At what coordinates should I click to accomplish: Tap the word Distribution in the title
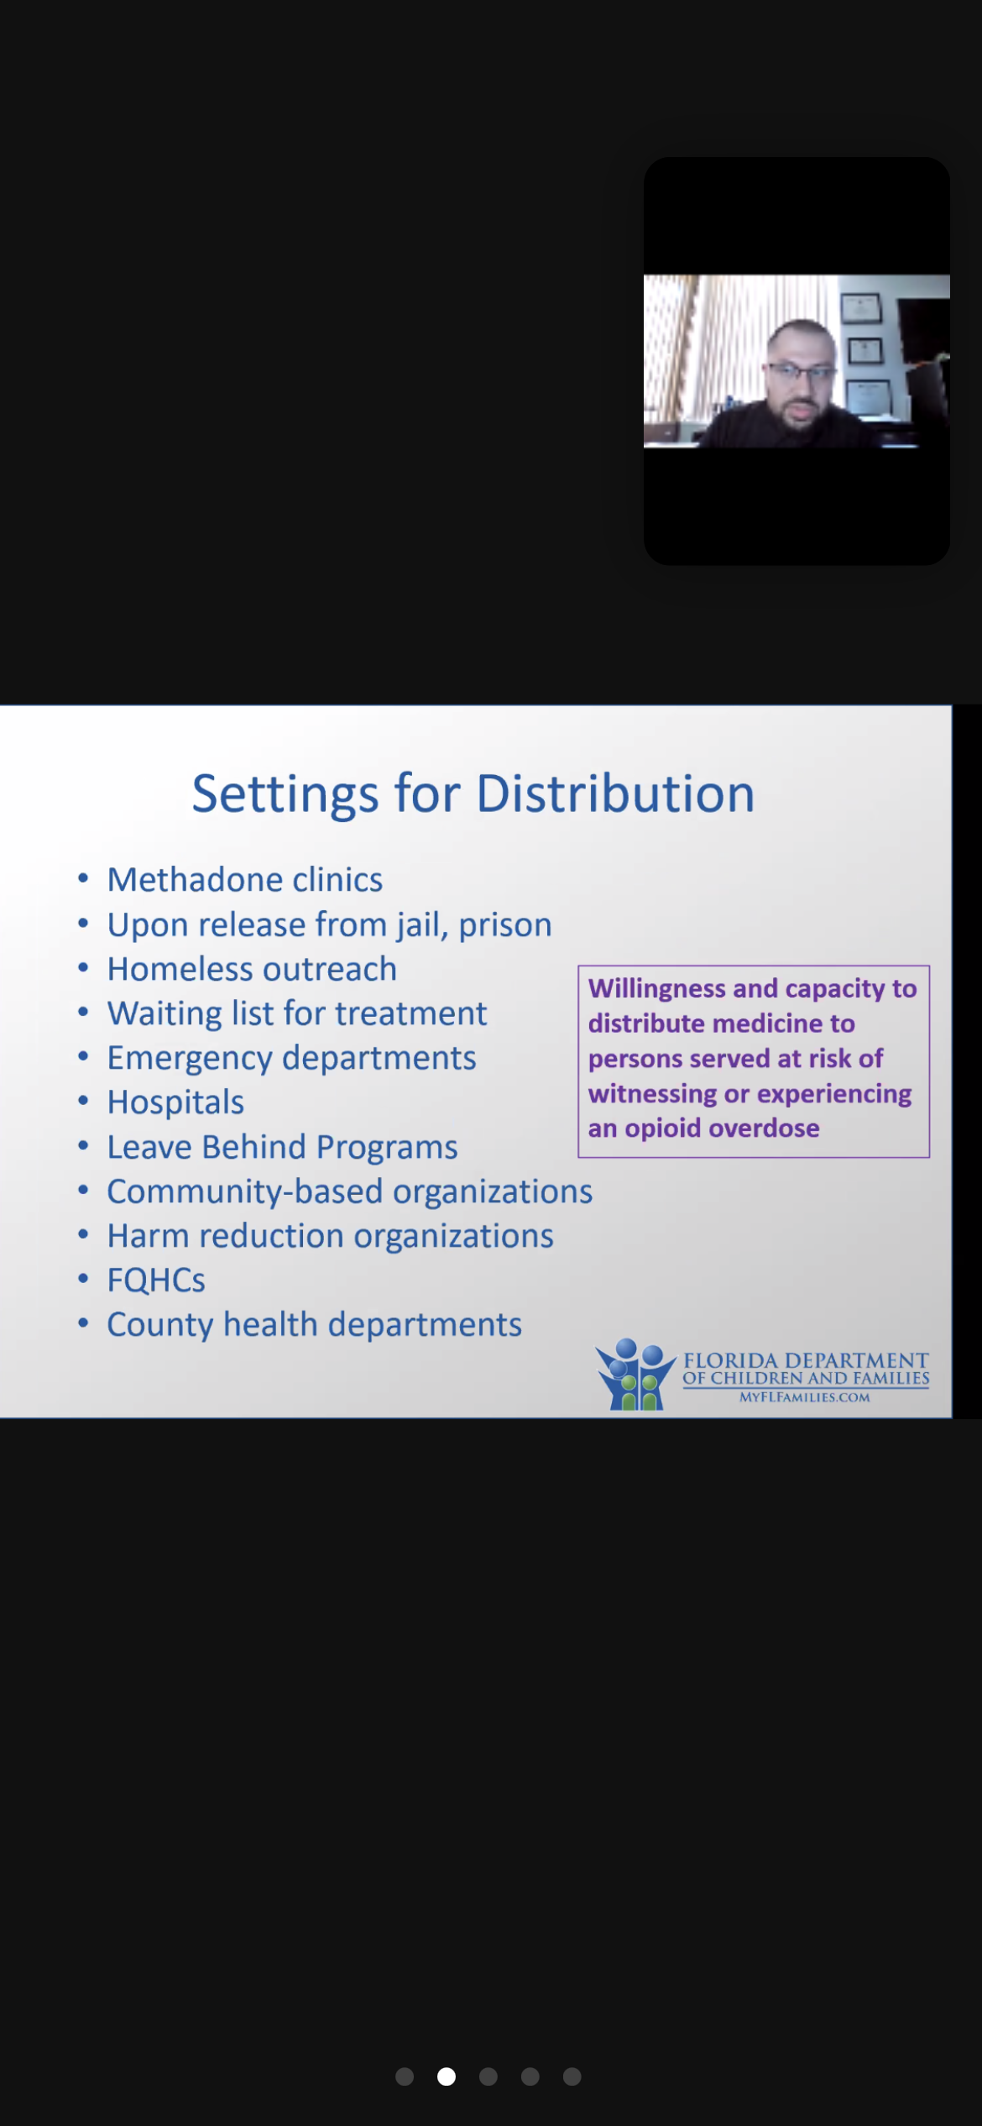615,793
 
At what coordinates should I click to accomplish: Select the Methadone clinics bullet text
245,880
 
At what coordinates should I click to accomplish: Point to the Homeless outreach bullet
252,969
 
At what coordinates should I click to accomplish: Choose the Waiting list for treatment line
297,1013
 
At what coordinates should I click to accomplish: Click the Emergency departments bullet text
291,1059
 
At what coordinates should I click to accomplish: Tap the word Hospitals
175,1103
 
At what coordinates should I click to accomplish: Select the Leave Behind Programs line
282,1148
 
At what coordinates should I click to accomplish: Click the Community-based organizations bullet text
350,1192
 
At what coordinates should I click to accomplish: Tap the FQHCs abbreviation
156,1280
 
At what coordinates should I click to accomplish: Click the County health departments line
315,1326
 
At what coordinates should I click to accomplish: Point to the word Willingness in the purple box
656,990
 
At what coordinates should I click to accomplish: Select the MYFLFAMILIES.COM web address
804,1397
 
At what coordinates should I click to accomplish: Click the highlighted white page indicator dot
447,2076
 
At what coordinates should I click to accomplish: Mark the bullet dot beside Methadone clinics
83,879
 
